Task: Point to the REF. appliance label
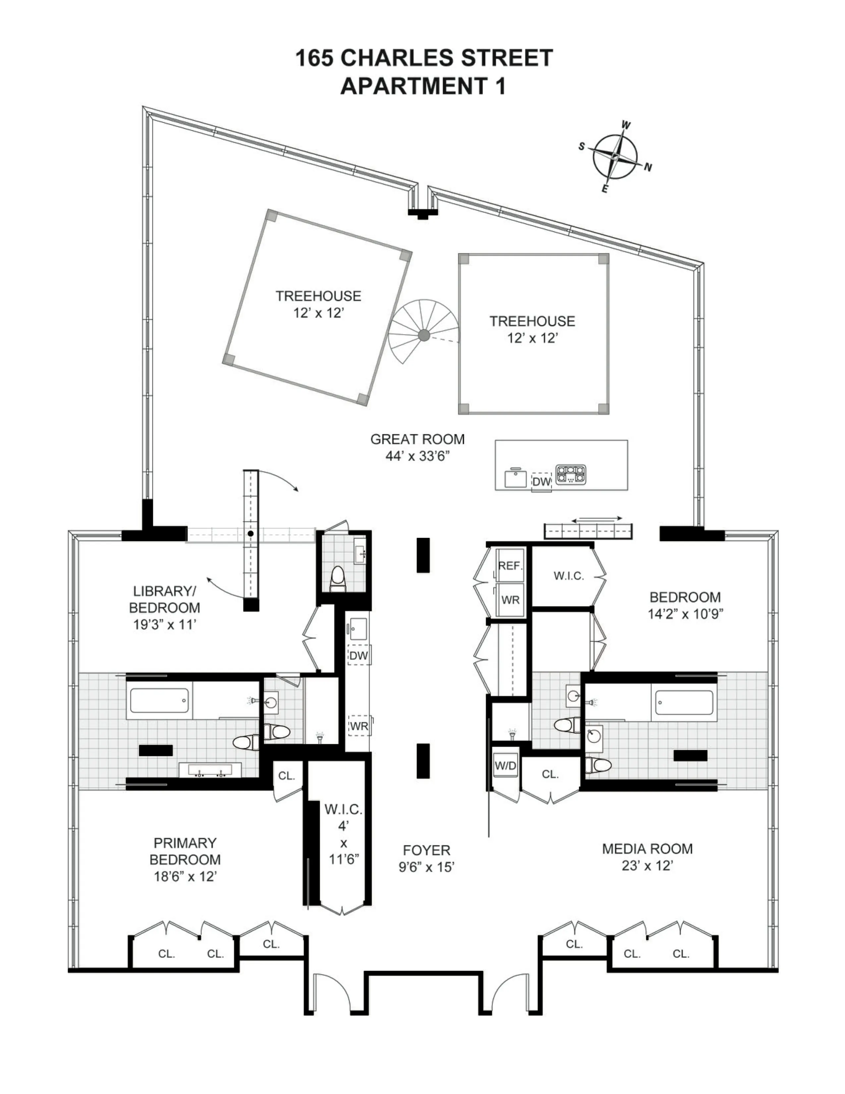point(510,566)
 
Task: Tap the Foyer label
point(426,850)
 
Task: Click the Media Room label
point(647,849)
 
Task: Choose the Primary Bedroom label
point(185,851)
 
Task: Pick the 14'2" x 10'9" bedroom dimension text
point(685,614)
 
